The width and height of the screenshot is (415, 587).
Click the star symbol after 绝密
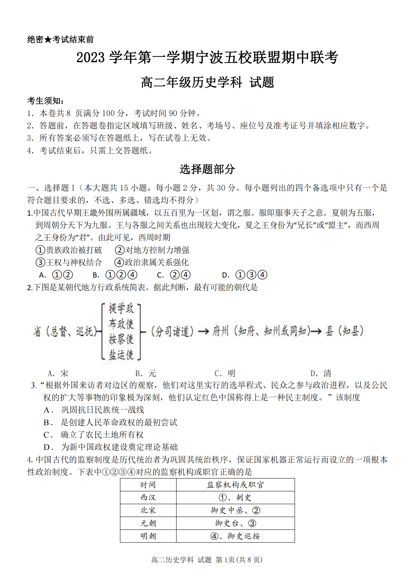(x=48, y=40)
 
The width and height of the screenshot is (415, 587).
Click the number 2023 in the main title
(x=91, y=57)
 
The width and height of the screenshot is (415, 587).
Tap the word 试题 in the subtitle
(x=262, y=83)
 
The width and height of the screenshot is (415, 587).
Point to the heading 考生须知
(x=46, y=101)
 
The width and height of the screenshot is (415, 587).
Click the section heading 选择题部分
(x=207, y=169)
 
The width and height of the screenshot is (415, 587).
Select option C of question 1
(x=174, y=275)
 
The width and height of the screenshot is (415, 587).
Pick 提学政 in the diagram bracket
(x=121, y=309)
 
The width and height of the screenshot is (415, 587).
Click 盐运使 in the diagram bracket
(x=121, y=354)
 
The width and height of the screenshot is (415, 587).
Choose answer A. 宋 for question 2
(x=58, y=373)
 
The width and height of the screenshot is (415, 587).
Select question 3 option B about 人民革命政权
(x=110, y=422)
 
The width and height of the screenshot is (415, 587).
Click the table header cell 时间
(x=148, y=485)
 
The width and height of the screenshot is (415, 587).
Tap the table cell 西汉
(x=148, y=498)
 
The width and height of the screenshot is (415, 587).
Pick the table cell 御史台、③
(x=235, y=523)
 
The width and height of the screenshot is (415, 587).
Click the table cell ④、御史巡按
(x=235, y=536)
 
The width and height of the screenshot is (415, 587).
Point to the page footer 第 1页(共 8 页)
(x=239, y=559)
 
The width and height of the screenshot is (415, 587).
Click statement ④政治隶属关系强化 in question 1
(x=152, y=262)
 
